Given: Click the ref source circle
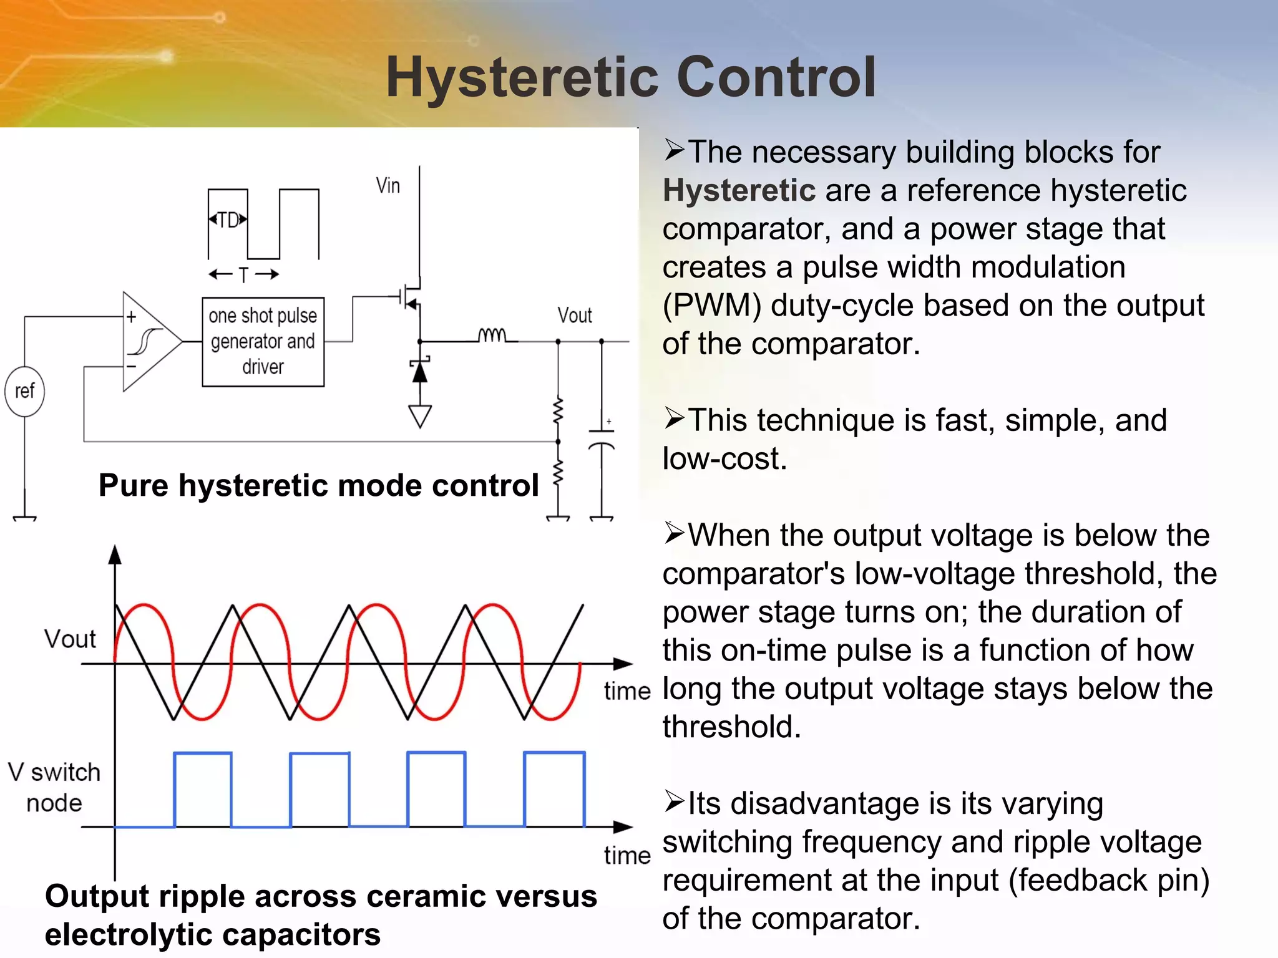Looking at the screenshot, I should coord(24,391).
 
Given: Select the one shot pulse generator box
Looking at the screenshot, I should coord(263,342).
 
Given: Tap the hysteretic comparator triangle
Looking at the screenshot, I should coord(150,342).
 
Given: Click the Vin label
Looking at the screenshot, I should coord(388,186).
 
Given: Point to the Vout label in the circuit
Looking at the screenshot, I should coord(574,316).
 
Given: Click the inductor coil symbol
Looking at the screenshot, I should coord(493,336).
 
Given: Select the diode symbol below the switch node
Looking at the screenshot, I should coord(420,372).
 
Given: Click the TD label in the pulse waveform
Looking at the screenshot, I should coord(228,220).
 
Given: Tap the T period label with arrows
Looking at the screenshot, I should coord(243,274).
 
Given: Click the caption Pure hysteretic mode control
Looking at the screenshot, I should coord(318,485).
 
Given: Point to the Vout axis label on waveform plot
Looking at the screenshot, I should coord(70,639).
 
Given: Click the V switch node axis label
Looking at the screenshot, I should coord(54,787).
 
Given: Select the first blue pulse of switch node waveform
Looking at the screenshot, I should coord(203,789).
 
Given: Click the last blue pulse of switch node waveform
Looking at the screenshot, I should coord(554,789).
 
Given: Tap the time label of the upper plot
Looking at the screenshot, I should coord(627,691).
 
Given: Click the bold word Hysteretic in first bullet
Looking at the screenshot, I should coord(739,190).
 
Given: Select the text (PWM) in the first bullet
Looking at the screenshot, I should coord(711,306).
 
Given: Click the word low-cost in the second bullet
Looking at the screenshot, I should coord(724,459).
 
